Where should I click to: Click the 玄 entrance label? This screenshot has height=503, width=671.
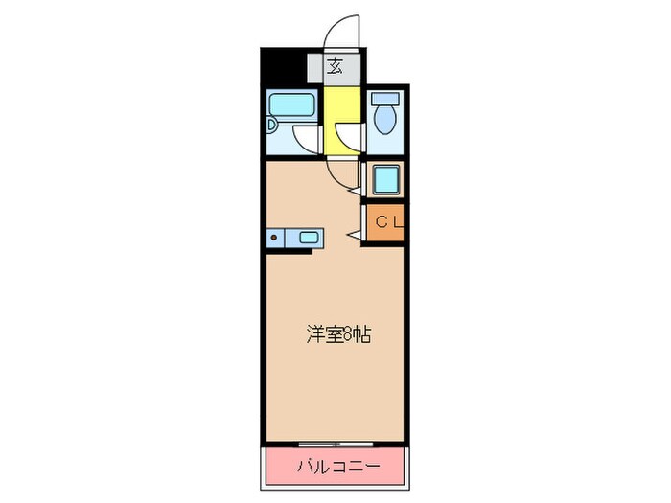click(x=335, y=67)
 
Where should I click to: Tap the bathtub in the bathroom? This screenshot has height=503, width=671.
click(x=289, y=104)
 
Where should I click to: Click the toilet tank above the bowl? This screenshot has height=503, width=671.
click(x=384, y=99)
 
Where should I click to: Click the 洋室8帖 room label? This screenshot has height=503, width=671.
click(x=338, y=335)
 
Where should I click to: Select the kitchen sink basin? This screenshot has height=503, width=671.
click(x=311, y=238)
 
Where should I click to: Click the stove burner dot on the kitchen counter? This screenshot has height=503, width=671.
click(x=273, y=238)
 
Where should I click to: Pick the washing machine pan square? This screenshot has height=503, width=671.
click(x=387, y=179)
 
